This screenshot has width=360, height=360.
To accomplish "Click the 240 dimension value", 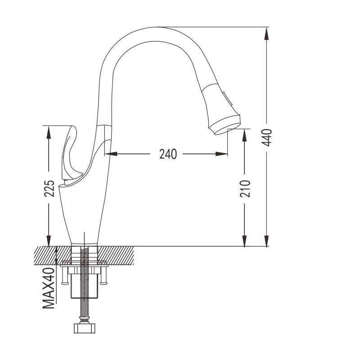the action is point(168,154).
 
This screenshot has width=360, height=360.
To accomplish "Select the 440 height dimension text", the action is point(267,138).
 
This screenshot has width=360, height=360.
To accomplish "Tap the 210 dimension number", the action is point(245,189).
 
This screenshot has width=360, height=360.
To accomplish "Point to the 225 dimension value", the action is point(49,188).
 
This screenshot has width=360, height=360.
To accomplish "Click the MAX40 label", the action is point(49,288).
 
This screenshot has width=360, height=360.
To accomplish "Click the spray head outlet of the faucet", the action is point(224,125).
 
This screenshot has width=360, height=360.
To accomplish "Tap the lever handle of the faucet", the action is point(70,154).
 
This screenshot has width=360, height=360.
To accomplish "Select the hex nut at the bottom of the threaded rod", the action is point(85,328).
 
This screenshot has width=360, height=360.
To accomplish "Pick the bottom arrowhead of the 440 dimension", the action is point(266,241).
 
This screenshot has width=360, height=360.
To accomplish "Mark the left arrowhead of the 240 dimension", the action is point(111,154).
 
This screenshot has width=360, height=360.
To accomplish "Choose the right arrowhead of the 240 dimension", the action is point(221,154).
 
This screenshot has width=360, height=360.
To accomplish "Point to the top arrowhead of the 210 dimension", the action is point(244,135).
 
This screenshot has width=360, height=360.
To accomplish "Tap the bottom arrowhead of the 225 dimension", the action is point(49,241).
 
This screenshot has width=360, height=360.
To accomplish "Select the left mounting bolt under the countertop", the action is point(65,275).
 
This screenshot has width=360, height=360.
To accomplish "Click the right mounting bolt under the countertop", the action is point(104,275).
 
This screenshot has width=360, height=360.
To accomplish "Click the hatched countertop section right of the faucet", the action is point(116,256).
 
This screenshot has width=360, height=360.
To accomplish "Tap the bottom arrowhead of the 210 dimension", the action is point(244,241).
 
